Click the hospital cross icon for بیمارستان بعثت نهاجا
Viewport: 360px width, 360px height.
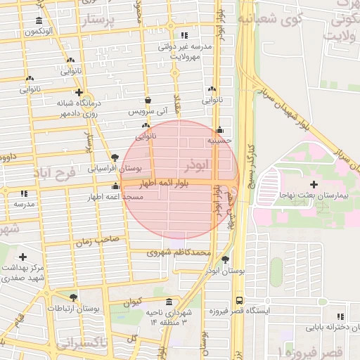click(x=314, y=184)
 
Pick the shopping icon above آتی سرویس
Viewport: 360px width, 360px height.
click(x=148, y=100)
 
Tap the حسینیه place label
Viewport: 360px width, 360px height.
click(x=219, y=141)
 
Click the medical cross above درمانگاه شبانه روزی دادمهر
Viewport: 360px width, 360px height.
click(x=79, y=92)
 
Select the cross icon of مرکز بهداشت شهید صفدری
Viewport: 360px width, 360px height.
click(x=23, y=257)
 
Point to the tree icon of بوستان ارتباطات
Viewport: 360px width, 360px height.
click(x=74, y=297)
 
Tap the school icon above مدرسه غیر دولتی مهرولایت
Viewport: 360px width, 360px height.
click(x=184, y=35)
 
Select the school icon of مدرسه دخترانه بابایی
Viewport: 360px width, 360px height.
click(x=342, y=316)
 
